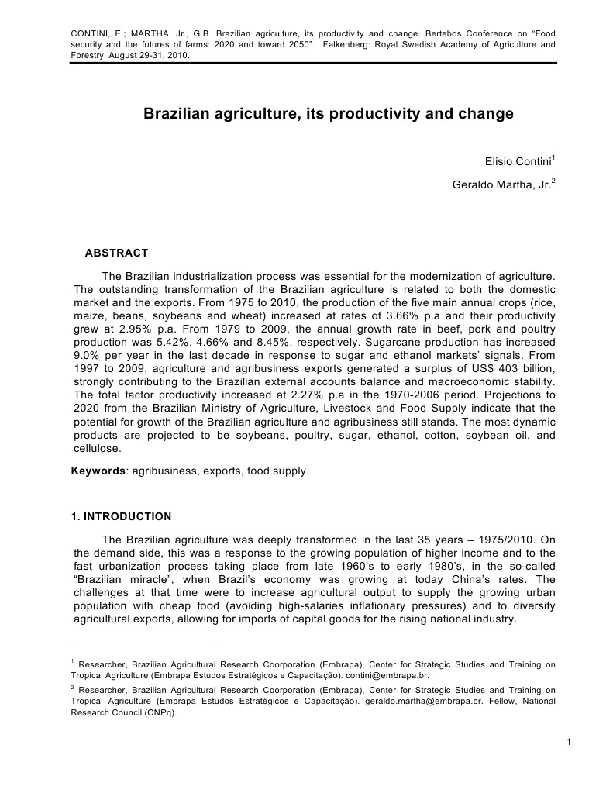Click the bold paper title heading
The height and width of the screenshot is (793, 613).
(329, 114)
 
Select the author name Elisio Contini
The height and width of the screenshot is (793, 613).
(514, 163)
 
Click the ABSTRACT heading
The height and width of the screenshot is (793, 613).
(116, 253)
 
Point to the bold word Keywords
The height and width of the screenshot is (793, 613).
(98, 471)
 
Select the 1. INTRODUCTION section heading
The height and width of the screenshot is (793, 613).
(121, 516)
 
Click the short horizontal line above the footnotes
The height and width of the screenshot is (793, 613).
(143, 640)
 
